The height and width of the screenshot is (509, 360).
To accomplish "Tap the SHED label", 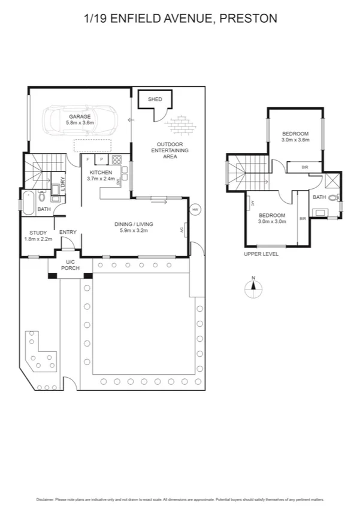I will point(155,99).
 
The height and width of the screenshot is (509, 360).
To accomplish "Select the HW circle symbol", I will point(195,210).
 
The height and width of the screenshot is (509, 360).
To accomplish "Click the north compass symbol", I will point(254,288).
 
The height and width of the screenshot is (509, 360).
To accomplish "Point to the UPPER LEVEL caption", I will point(261,254).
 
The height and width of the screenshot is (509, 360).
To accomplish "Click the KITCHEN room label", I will point(100,172).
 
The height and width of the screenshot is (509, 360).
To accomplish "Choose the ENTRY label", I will point(68,233).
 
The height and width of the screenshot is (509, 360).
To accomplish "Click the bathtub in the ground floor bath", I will point(29,197).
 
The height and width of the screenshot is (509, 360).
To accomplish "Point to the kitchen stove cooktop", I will point(117,160).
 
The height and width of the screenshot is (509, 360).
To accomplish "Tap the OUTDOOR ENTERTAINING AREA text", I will point(174,150).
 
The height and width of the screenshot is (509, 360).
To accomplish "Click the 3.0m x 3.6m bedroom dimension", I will point(295,139).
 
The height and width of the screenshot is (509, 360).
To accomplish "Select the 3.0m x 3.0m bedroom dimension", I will point(272,221).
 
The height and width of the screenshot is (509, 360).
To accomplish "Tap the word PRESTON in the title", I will point(249,19).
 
